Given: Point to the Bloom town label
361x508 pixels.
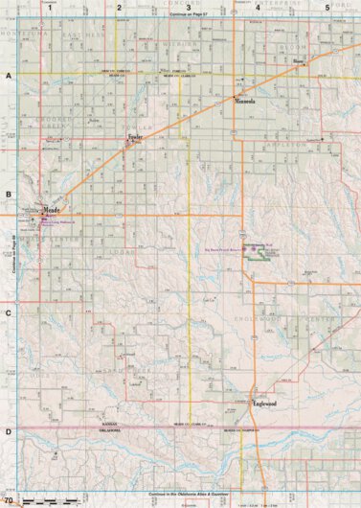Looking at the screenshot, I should [297, 62].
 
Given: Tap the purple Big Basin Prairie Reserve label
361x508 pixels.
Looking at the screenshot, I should [218, 247].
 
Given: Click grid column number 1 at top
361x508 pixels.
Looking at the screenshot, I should [48, 8].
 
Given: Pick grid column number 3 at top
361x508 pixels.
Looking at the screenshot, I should [188, 8].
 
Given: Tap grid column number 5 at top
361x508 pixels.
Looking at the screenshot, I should [327, 8].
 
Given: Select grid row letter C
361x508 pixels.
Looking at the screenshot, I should [9, 313].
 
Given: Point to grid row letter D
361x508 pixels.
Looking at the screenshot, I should [9, 432].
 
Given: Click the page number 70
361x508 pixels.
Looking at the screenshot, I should [9, 500].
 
